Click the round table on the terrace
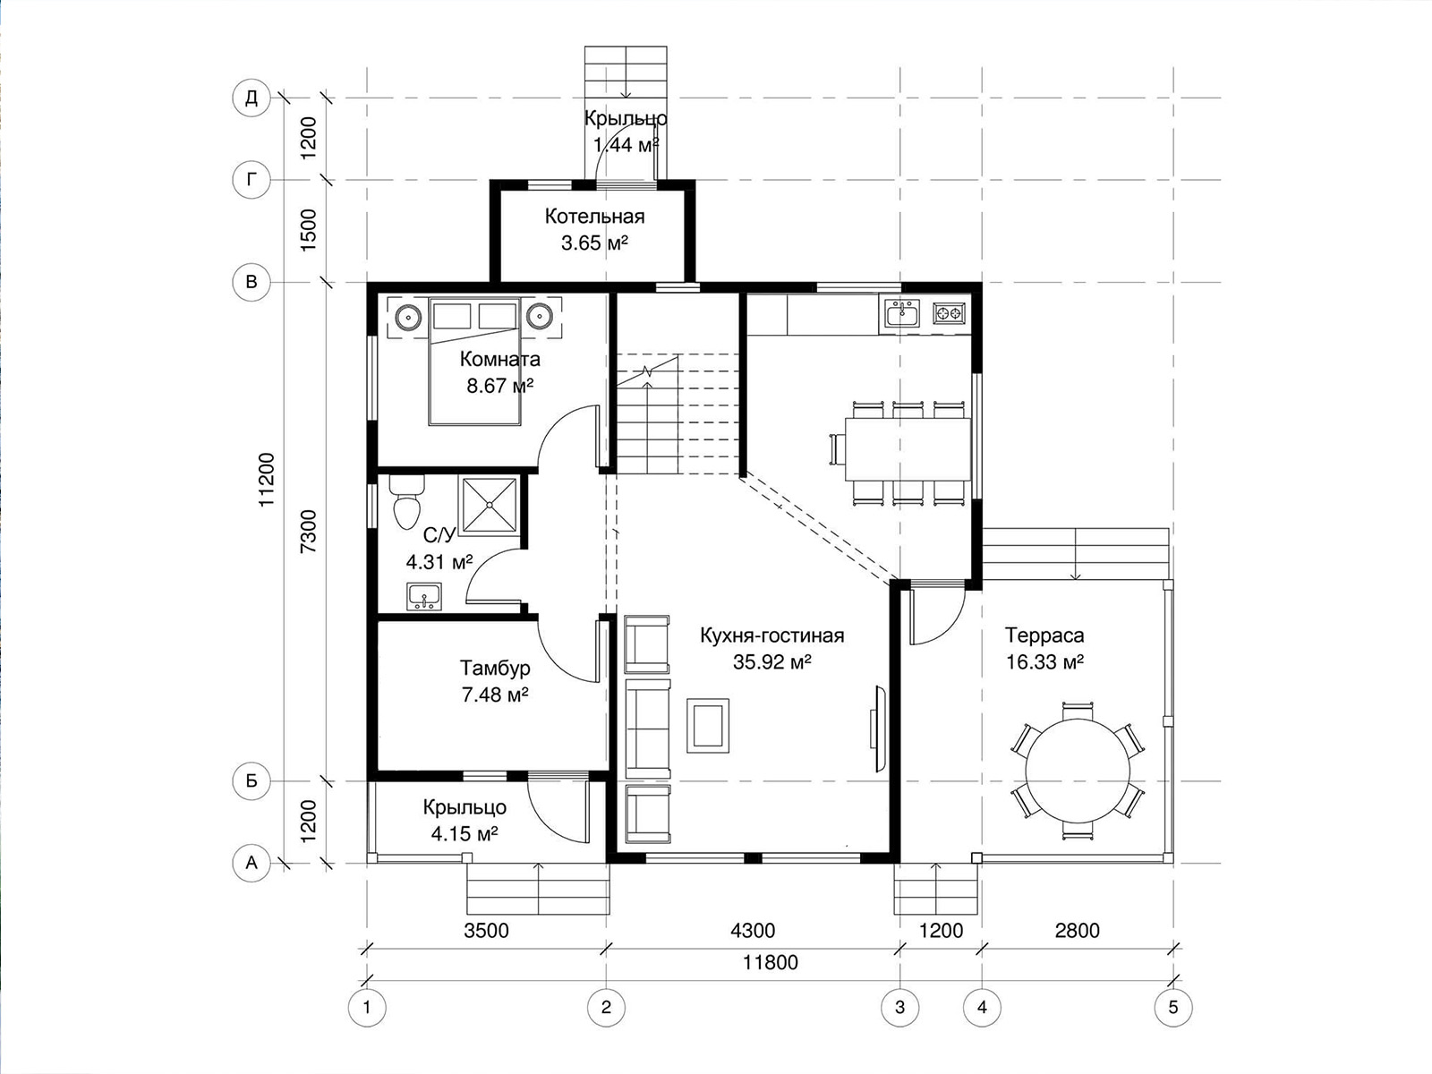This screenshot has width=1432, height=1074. click(1078, 770)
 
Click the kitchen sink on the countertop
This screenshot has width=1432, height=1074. click(902, 313)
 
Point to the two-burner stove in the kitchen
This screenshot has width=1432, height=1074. click(950, 313)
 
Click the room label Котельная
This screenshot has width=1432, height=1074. click(594, 217)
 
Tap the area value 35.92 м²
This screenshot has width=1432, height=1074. click(771, 662)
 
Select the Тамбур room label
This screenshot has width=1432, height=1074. click(495, 668)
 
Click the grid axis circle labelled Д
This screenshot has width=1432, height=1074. click(251, 98)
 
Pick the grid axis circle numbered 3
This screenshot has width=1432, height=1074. click(899, 1008)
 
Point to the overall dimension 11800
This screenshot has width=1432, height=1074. click(771, 962)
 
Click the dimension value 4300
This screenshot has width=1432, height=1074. click(753, 931)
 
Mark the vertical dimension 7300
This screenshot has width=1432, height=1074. click(309, 532)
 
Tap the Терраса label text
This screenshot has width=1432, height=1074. click(1044, 635)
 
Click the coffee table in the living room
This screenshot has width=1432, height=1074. click(707, 725)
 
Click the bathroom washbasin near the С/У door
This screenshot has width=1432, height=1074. click(423, 596)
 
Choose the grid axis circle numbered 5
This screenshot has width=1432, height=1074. click(1173, 1008)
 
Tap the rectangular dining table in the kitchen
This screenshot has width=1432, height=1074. click(908, 449)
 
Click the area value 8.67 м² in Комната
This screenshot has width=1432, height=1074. click(499, 386)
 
